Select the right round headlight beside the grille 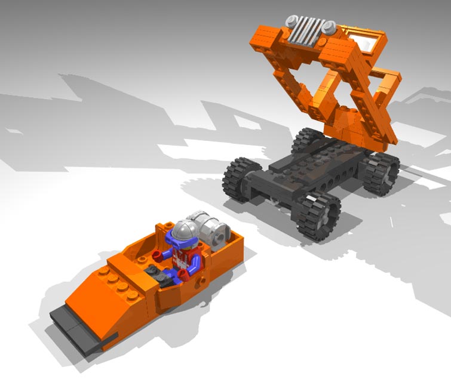pyautogui.click(x=328, y=27)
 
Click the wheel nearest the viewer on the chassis pyautogui.click(x=316, y=215)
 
